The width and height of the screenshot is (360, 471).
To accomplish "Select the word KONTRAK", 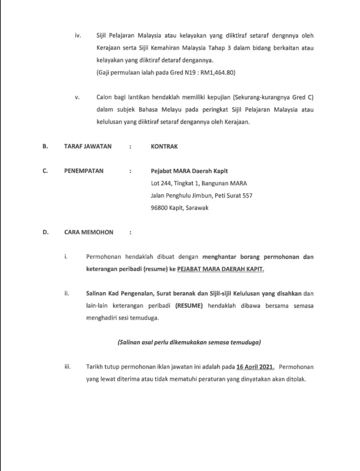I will [x=164, y=146].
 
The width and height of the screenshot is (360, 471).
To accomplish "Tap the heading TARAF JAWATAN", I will [x=88, y=146].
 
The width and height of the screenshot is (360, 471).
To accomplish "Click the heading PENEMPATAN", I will [x=83, y=171].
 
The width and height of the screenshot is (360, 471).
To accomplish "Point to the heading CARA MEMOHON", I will [x=89, y=232].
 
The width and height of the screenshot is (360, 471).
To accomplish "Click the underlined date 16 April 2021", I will [x=255, y=367].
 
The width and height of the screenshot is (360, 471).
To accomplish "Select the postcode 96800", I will [x=159, y=208].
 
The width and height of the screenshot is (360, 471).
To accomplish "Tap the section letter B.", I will [x=45, y=146].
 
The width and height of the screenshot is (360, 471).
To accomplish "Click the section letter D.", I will [x=45, y=232].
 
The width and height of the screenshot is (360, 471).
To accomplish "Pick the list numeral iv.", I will [x=78, y=36].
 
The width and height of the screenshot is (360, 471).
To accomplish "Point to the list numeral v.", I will [x=78, y=98].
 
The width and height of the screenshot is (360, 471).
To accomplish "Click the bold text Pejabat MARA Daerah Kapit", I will [x=189, y=171].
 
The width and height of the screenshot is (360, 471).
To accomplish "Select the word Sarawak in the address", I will [x=197, y=208].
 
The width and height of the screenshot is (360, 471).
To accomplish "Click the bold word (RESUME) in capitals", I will [x=189, y=306].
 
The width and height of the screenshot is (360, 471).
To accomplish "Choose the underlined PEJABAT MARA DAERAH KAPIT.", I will [x=221, y=269].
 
